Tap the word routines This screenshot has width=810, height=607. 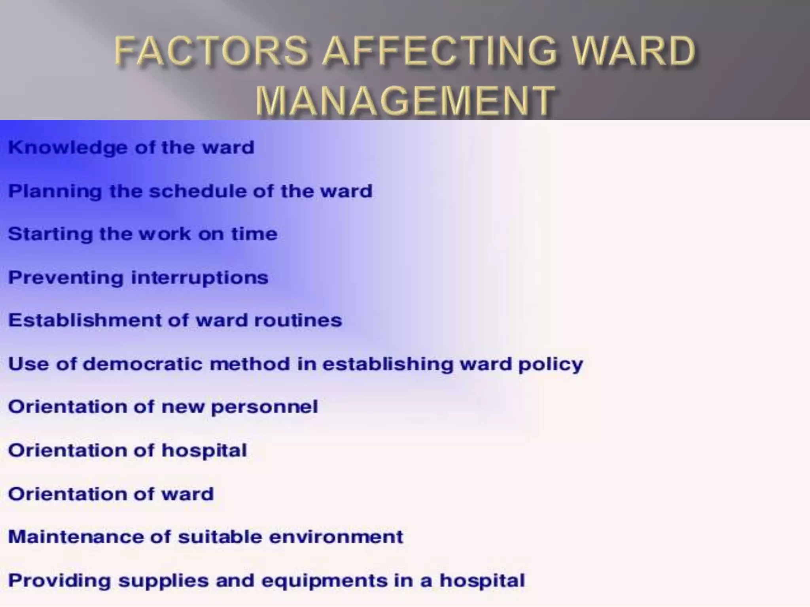click(298, 320)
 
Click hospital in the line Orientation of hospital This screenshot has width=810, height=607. click(204, 451)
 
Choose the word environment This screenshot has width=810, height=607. click(337, 537)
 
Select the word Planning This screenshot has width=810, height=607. click(55, 192)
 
